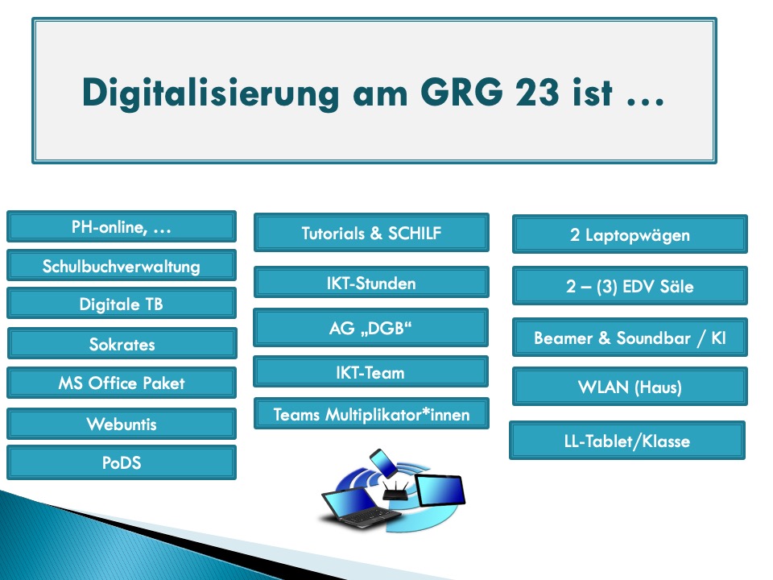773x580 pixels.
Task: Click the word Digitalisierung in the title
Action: [210, 93]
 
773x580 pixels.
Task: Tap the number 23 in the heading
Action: [537, 92]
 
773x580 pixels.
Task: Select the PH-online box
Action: [122, 227]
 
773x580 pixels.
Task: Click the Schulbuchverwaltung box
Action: [122, 266]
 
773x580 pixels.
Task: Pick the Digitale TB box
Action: [122, 304]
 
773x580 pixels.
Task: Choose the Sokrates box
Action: [122, 344]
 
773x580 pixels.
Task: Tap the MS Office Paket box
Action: [122, 383]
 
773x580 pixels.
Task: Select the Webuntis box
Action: [122, 424]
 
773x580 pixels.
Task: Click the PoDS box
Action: [122, 462]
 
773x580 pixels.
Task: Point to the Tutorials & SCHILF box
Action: [372, 233]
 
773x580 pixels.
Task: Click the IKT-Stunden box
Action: [372, 283]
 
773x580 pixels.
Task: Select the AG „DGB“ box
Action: [370, 328]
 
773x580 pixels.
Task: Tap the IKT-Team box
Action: [370, 372]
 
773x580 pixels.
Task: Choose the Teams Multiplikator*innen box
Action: [372, 414]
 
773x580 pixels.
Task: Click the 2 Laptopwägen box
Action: [630, 234]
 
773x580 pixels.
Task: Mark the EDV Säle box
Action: [630, 286]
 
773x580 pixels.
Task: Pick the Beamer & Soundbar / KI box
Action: [630, 338]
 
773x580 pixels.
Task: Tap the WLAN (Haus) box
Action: [630, 387]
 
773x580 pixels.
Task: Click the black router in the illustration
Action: [395, 491]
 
